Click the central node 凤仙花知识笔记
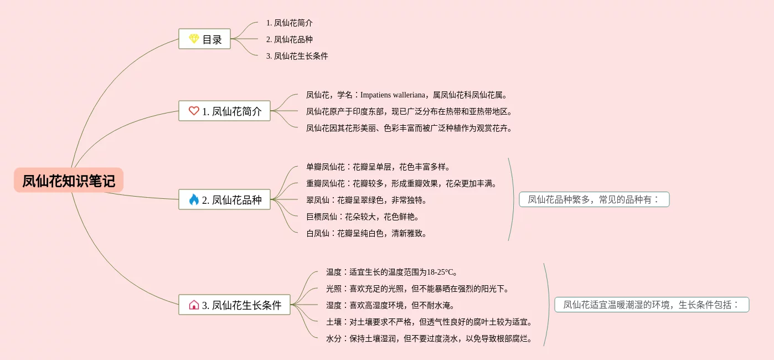point(69,181)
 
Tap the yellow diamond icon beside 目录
point(194,39)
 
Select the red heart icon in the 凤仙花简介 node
point(194,111)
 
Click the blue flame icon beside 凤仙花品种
point(194,199)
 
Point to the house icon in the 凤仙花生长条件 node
point(194,305)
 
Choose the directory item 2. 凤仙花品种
point(289,39)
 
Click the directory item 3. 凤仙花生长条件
point(297,56)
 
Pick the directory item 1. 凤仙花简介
point(289,23)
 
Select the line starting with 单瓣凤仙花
point(378,167)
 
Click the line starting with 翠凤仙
point(367,200)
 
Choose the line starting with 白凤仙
point(367,233)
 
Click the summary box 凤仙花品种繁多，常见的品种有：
point(594,199)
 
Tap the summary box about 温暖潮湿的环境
point(652,305)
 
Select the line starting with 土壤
point(429,322)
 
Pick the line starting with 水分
point(429,338)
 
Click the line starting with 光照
point(417,289)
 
